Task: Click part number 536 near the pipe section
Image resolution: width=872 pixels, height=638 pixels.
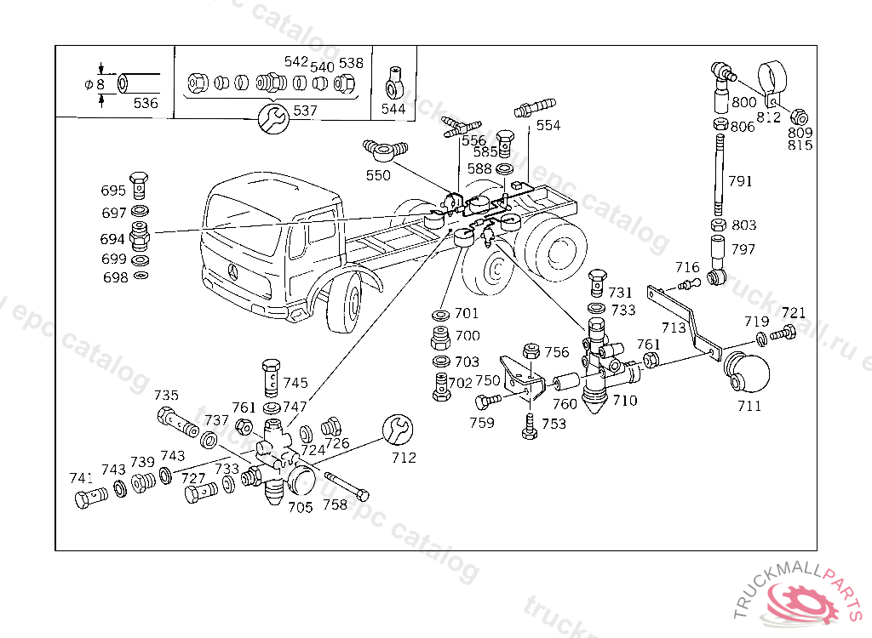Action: (x=146, y=103)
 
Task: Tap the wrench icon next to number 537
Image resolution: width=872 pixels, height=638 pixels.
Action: (x=273, y=117)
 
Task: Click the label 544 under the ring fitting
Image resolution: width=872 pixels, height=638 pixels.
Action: (x=393, y=109)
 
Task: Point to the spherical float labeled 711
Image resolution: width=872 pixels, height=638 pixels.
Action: (x=746, y=372)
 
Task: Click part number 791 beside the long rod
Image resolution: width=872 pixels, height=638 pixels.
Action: (x=740, y=180)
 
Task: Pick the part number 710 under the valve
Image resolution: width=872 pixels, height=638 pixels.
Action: (x=624, y=400)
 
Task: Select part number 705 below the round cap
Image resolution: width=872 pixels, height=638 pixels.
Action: (x=300, y=507)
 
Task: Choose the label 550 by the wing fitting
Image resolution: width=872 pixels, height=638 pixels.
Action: (x=378, y=175)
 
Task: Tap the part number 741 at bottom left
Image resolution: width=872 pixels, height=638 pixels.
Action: (x=81, y=478)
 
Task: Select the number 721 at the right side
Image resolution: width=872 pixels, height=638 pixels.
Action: (x=793, y=312)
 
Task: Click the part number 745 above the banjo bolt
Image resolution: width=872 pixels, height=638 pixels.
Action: (x=295, y=383)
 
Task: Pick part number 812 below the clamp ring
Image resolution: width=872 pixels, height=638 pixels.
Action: (x=768, y=117)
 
